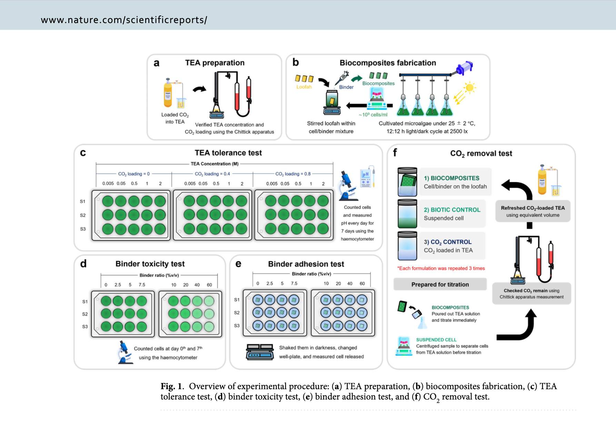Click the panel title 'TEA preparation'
coord(215,63)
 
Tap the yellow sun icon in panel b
coord(469,87)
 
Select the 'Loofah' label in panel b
coord(304,87)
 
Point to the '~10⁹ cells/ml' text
coord(373,115)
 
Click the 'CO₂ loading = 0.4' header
coord(212,174)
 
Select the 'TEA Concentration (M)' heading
coord(215,164)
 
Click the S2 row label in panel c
coord(83,215)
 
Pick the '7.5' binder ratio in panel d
coord(142,285)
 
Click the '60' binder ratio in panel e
coord(362,283)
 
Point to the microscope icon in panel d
coord(125,352)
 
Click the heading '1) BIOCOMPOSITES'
coord(451,178)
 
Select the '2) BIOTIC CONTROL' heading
coord(452,210)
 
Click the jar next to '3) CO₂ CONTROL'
coord(407,246)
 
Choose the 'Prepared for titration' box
coord(440,284)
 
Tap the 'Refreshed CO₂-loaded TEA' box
coord(533,211)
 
